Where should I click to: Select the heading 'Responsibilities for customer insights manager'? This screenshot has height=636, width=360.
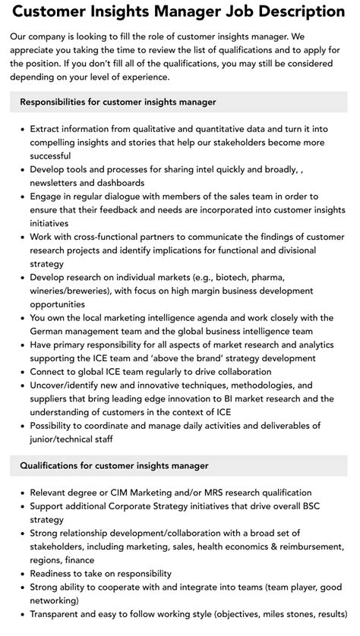(118, 102)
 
